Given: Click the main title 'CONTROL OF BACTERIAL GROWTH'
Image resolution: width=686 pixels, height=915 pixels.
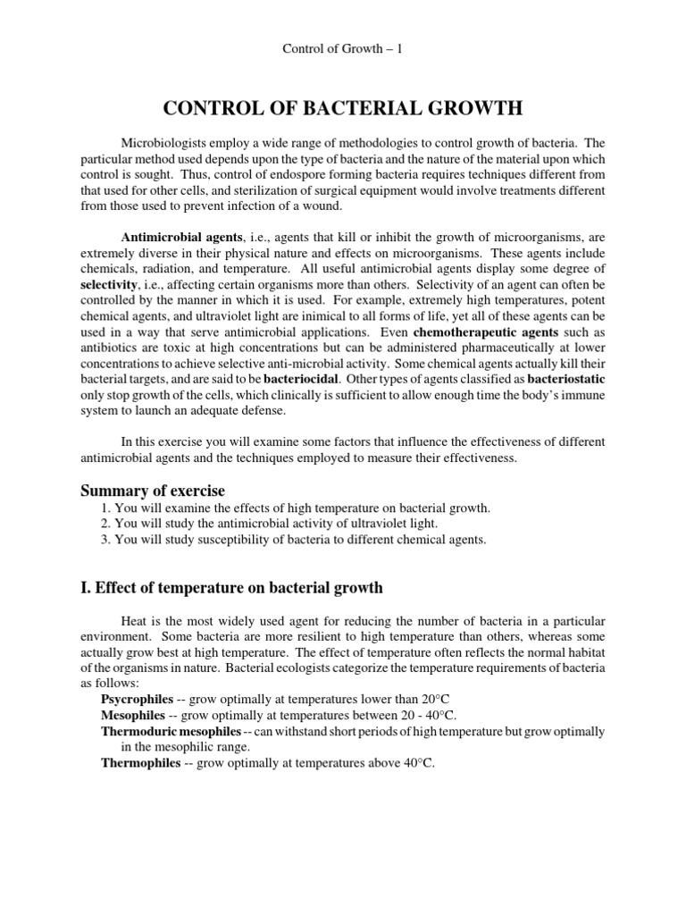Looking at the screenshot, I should click(343, 109).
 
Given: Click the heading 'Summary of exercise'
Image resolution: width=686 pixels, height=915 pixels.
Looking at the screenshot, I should click(153, 491).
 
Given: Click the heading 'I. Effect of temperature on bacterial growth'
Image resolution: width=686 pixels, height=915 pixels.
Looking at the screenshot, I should click(232, 588).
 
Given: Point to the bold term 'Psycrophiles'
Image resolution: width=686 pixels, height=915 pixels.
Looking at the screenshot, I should click(139, 699).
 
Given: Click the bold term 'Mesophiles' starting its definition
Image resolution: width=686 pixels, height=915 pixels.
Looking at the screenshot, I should click(133, 715).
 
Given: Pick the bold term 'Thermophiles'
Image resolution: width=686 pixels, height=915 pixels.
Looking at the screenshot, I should click(140, 763).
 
